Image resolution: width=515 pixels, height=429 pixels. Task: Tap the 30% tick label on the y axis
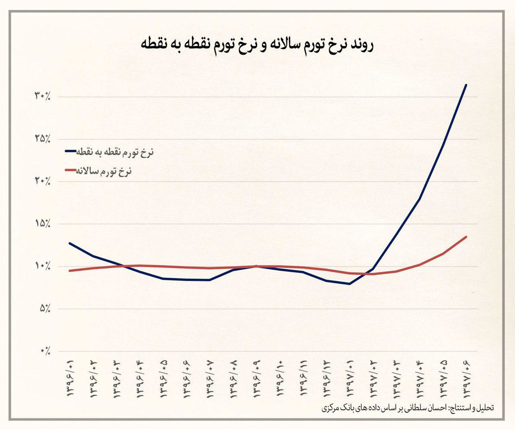(x=42, y=97)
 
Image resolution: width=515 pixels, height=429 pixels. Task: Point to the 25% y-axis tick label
(x=42, y=139)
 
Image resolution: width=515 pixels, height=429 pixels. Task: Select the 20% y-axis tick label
(x=42, y=181)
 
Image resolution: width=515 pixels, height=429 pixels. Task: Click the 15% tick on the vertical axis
(x=42, y=224)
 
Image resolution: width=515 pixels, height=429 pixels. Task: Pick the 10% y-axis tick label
(x=42, y=266)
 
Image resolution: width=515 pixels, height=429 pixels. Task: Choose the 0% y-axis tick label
(x=45, y=351)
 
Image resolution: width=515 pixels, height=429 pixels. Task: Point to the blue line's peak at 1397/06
(x=466, y=85)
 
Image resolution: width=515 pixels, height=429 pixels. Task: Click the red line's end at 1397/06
(x=466, y=237)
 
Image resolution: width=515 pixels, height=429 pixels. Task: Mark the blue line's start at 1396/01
(x=70, y=243)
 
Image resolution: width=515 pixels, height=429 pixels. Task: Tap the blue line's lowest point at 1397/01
(x=350, y=284)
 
